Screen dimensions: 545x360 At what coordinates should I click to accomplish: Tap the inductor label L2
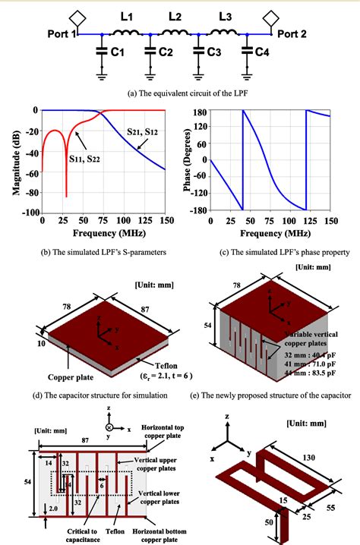pyautogui.click(x=175, y=16)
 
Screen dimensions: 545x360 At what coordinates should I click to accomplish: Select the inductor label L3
pyautogui.click(x=224, y=16)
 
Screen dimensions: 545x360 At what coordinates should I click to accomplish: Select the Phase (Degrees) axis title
pyautogui.click(x=189, y=162)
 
